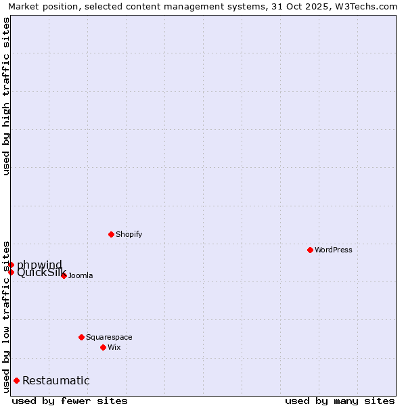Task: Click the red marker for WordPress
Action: point(310,250)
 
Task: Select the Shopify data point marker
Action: point(111,234)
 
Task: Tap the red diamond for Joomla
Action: point(64,275)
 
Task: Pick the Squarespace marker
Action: point(81,337)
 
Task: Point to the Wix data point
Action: point(103,347)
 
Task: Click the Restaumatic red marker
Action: point(16,380)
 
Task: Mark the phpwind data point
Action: point(12,265)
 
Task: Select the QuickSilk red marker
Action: point(12,272)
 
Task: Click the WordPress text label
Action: point(334,250)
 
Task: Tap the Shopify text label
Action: point(129,234)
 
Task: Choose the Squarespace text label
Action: point(109,337)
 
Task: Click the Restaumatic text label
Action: point(56,380)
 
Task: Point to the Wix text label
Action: point(114,347)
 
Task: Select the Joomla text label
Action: point(81,275)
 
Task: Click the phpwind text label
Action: point(39,264)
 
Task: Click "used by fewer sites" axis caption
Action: point(70,401)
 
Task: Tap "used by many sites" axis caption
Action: point(340,401)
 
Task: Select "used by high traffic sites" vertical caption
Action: point(6,96)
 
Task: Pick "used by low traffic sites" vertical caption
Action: point(6,316)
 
